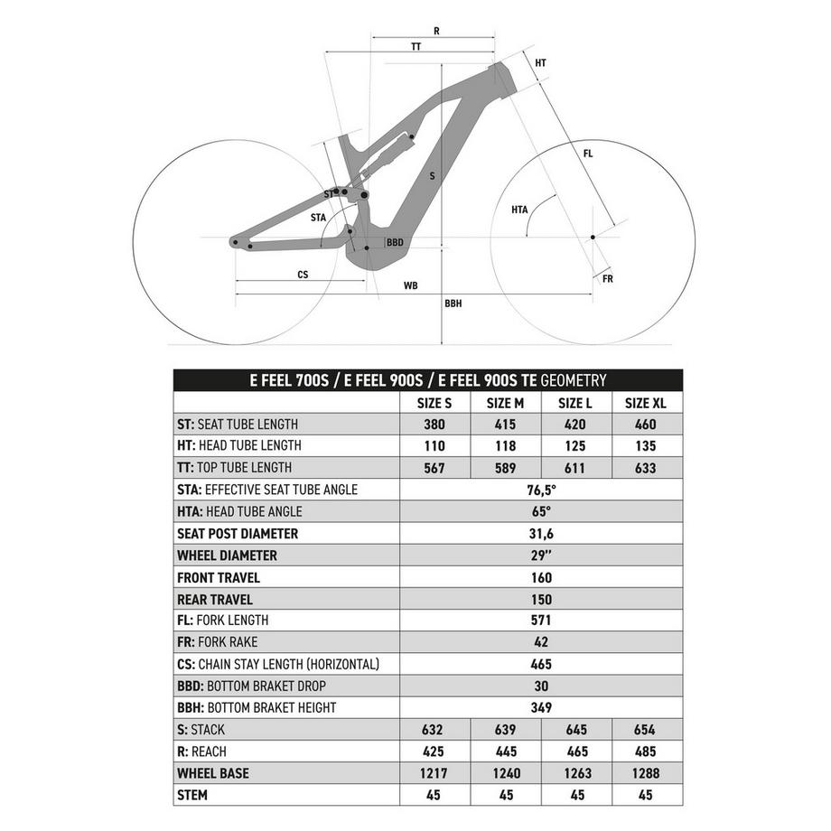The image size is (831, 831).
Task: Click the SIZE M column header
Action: (506, 403)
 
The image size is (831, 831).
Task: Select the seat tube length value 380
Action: (435, 425)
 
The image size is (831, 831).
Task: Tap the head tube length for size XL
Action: (645, 446)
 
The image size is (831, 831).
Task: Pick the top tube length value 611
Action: (575, 468)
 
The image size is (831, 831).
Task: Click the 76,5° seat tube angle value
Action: (541, 490)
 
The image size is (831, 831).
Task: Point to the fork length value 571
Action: (541, 621)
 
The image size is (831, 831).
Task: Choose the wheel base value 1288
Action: (645, 773)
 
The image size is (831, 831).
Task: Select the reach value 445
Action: (506, 752)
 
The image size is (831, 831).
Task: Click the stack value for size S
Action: (435, 730)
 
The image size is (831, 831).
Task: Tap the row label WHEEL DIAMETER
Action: (228, 556)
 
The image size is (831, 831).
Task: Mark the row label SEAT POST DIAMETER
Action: (238, 534)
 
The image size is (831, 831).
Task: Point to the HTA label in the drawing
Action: (519, 210)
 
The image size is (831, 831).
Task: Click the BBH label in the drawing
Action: (453, 304)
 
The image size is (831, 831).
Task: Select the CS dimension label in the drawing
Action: (303, 274)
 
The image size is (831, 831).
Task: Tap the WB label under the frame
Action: (411, 285)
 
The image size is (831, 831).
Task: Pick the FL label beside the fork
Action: (588, 154)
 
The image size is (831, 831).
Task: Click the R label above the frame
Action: (436, 31)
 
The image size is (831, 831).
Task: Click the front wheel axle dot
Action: (593, 238)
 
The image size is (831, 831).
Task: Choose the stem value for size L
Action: (575, 795)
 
